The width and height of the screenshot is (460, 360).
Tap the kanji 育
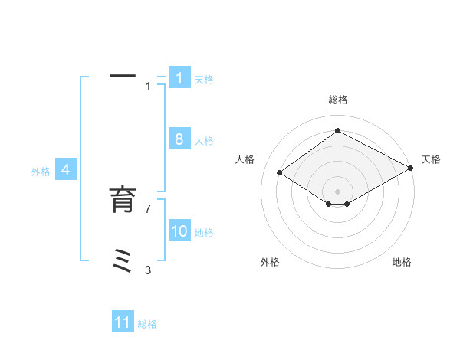pyautogui.click(x=123, y=199)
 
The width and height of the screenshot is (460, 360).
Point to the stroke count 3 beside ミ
pyautogui.click(x=148, y=270)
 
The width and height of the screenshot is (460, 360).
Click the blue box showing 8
pyautogui.click(x=179, y=139)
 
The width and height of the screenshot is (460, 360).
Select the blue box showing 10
pyautogui.click(x=179, y=231)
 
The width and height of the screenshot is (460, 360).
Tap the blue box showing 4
pyautogui.click(x=66, y=170)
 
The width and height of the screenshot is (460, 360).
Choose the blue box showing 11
pyautogui.click(x=123, y=322)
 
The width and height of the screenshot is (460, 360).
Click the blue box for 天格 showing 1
pyautogui.click(x=179, y=77)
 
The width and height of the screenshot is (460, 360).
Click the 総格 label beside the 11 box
pyautogui.click(x=147, y=324)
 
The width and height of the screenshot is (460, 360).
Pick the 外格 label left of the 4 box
pyautogui.click(x=41, y=172)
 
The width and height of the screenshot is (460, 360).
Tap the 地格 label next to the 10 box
pyautogui.click(x=204, y=233)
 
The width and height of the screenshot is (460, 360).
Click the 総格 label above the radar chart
pyautogui.click(x=337, y=100)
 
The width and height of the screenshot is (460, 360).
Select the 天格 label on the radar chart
pyautogui.click(x=431, y=159)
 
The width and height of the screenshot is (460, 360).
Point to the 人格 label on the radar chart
pyautogui.click(x=245, y=159)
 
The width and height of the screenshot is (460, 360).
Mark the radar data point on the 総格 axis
pyautogui.click(x=337, y=131)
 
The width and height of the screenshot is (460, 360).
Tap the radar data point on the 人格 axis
pyautogui.click(x=280, y=173)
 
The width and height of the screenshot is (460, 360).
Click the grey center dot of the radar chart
pyautogui.click(x=337, y=190)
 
